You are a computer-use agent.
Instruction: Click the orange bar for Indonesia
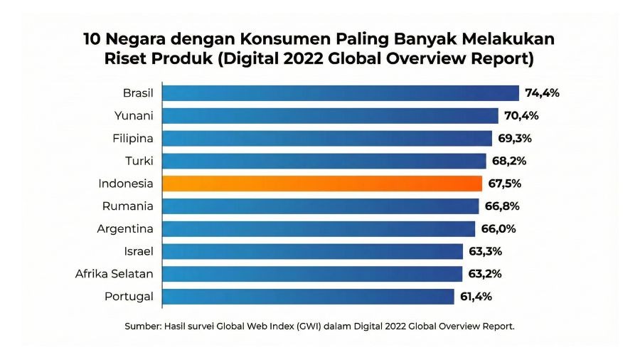click(x=322, y=184)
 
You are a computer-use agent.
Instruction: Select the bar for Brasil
click(x=341, y=93)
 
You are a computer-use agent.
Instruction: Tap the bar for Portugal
click(x=308, y=297)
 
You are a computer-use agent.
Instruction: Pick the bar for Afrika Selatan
click(x=312, y=274)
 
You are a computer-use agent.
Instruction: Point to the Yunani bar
click(x=330, y=116)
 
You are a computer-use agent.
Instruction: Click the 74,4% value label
click(x=543, y=93)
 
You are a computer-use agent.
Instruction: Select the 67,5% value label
click(x=505, y=184)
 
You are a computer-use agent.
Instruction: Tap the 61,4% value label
click(x=476, y=297)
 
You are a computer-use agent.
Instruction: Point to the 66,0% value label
click(x=498, y=229)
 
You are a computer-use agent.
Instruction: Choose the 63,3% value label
click(x=486, y=251)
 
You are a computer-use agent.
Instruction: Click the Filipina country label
click(x=133, y=138)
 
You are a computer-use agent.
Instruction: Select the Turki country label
click(x=138, y=161)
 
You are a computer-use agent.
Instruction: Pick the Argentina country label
click(x=125, y=229)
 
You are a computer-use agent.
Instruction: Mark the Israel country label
click(x=139, y=251)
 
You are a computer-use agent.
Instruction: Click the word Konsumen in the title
click(x=270, y=38)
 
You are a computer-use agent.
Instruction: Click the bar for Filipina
click(x=327, y=138)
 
